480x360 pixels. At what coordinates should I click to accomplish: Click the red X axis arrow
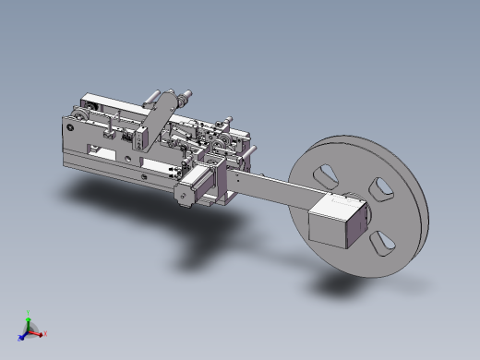pyautogui.click(x=42, y=333)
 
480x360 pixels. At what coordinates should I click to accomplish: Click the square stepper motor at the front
pyautogui.click(x=189, y=190)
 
